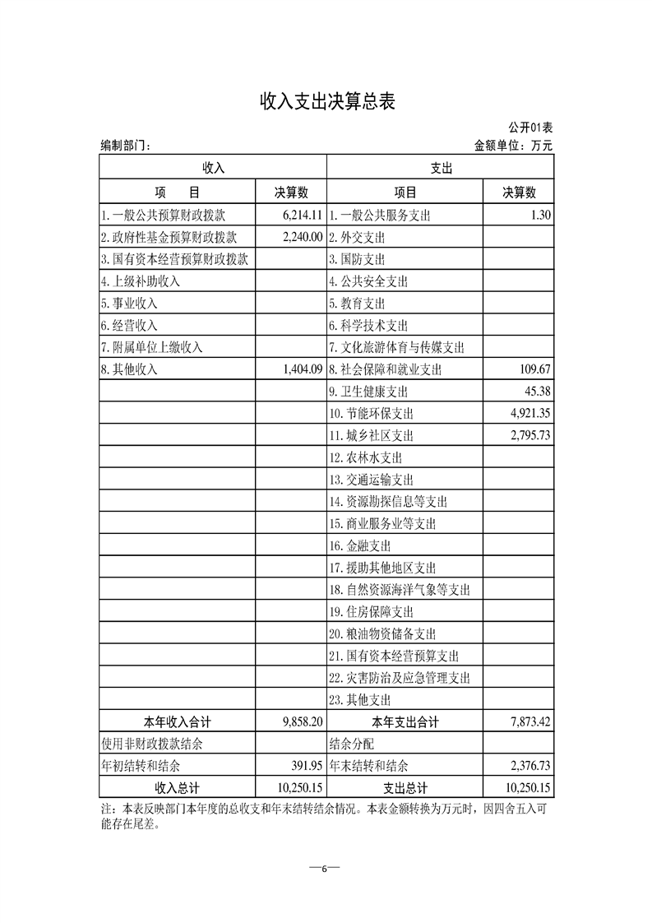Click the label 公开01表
[x=529, y=128]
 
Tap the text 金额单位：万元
[x=514, y=146]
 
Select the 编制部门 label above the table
[x=125, y=146]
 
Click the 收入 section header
[x=214, y=168]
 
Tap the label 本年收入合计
[x=178, y=722]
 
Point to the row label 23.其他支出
[x=359, y=700]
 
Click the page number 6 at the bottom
[x=325, y=870]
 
